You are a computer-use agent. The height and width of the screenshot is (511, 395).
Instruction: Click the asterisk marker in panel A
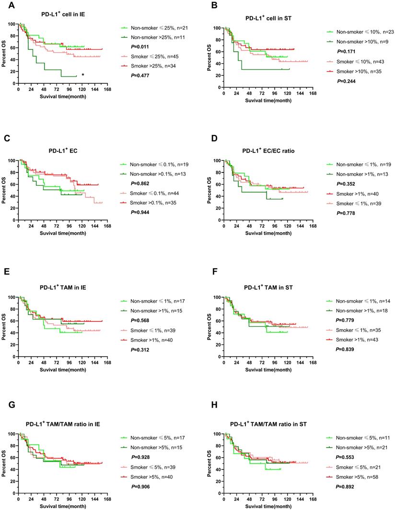(x=83, y=75)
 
